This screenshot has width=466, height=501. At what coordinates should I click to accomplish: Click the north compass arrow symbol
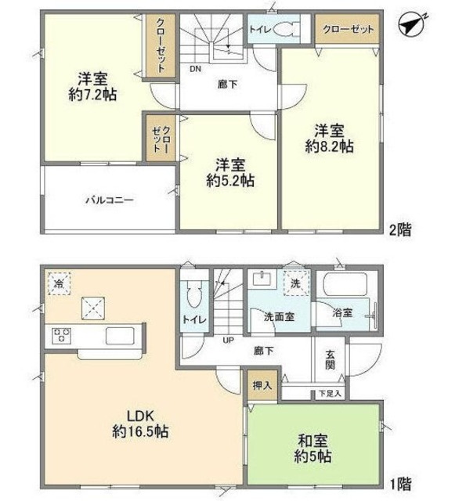pyautogui.click(x=410, y=26)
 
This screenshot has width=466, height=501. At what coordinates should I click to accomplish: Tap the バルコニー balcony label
pyautogui.click(x=109, y=200)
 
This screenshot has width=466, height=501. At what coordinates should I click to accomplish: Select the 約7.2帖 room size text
pyautogui.click(x=92, y=93)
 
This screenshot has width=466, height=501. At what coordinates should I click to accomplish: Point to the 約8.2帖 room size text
pyautogui.click(x=329, y=145)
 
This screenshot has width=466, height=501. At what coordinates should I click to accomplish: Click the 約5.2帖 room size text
pyautogui.click(x=228, y=180)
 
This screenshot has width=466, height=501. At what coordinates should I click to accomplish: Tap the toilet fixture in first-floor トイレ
pyautogui.click(x=195, y=294)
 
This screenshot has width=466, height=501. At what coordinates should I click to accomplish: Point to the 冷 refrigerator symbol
pyautogui.click(x=59, y=282)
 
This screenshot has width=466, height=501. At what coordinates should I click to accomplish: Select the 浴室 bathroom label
pyautogui.click(x=342, y=312)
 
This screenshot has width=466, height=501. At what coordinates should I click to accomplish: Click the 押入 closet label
pyautogui.click(x=262, y=386)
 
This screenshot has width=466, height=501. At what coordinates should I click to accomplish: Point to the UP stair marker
pyautogui.click(x=229, y=341)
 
